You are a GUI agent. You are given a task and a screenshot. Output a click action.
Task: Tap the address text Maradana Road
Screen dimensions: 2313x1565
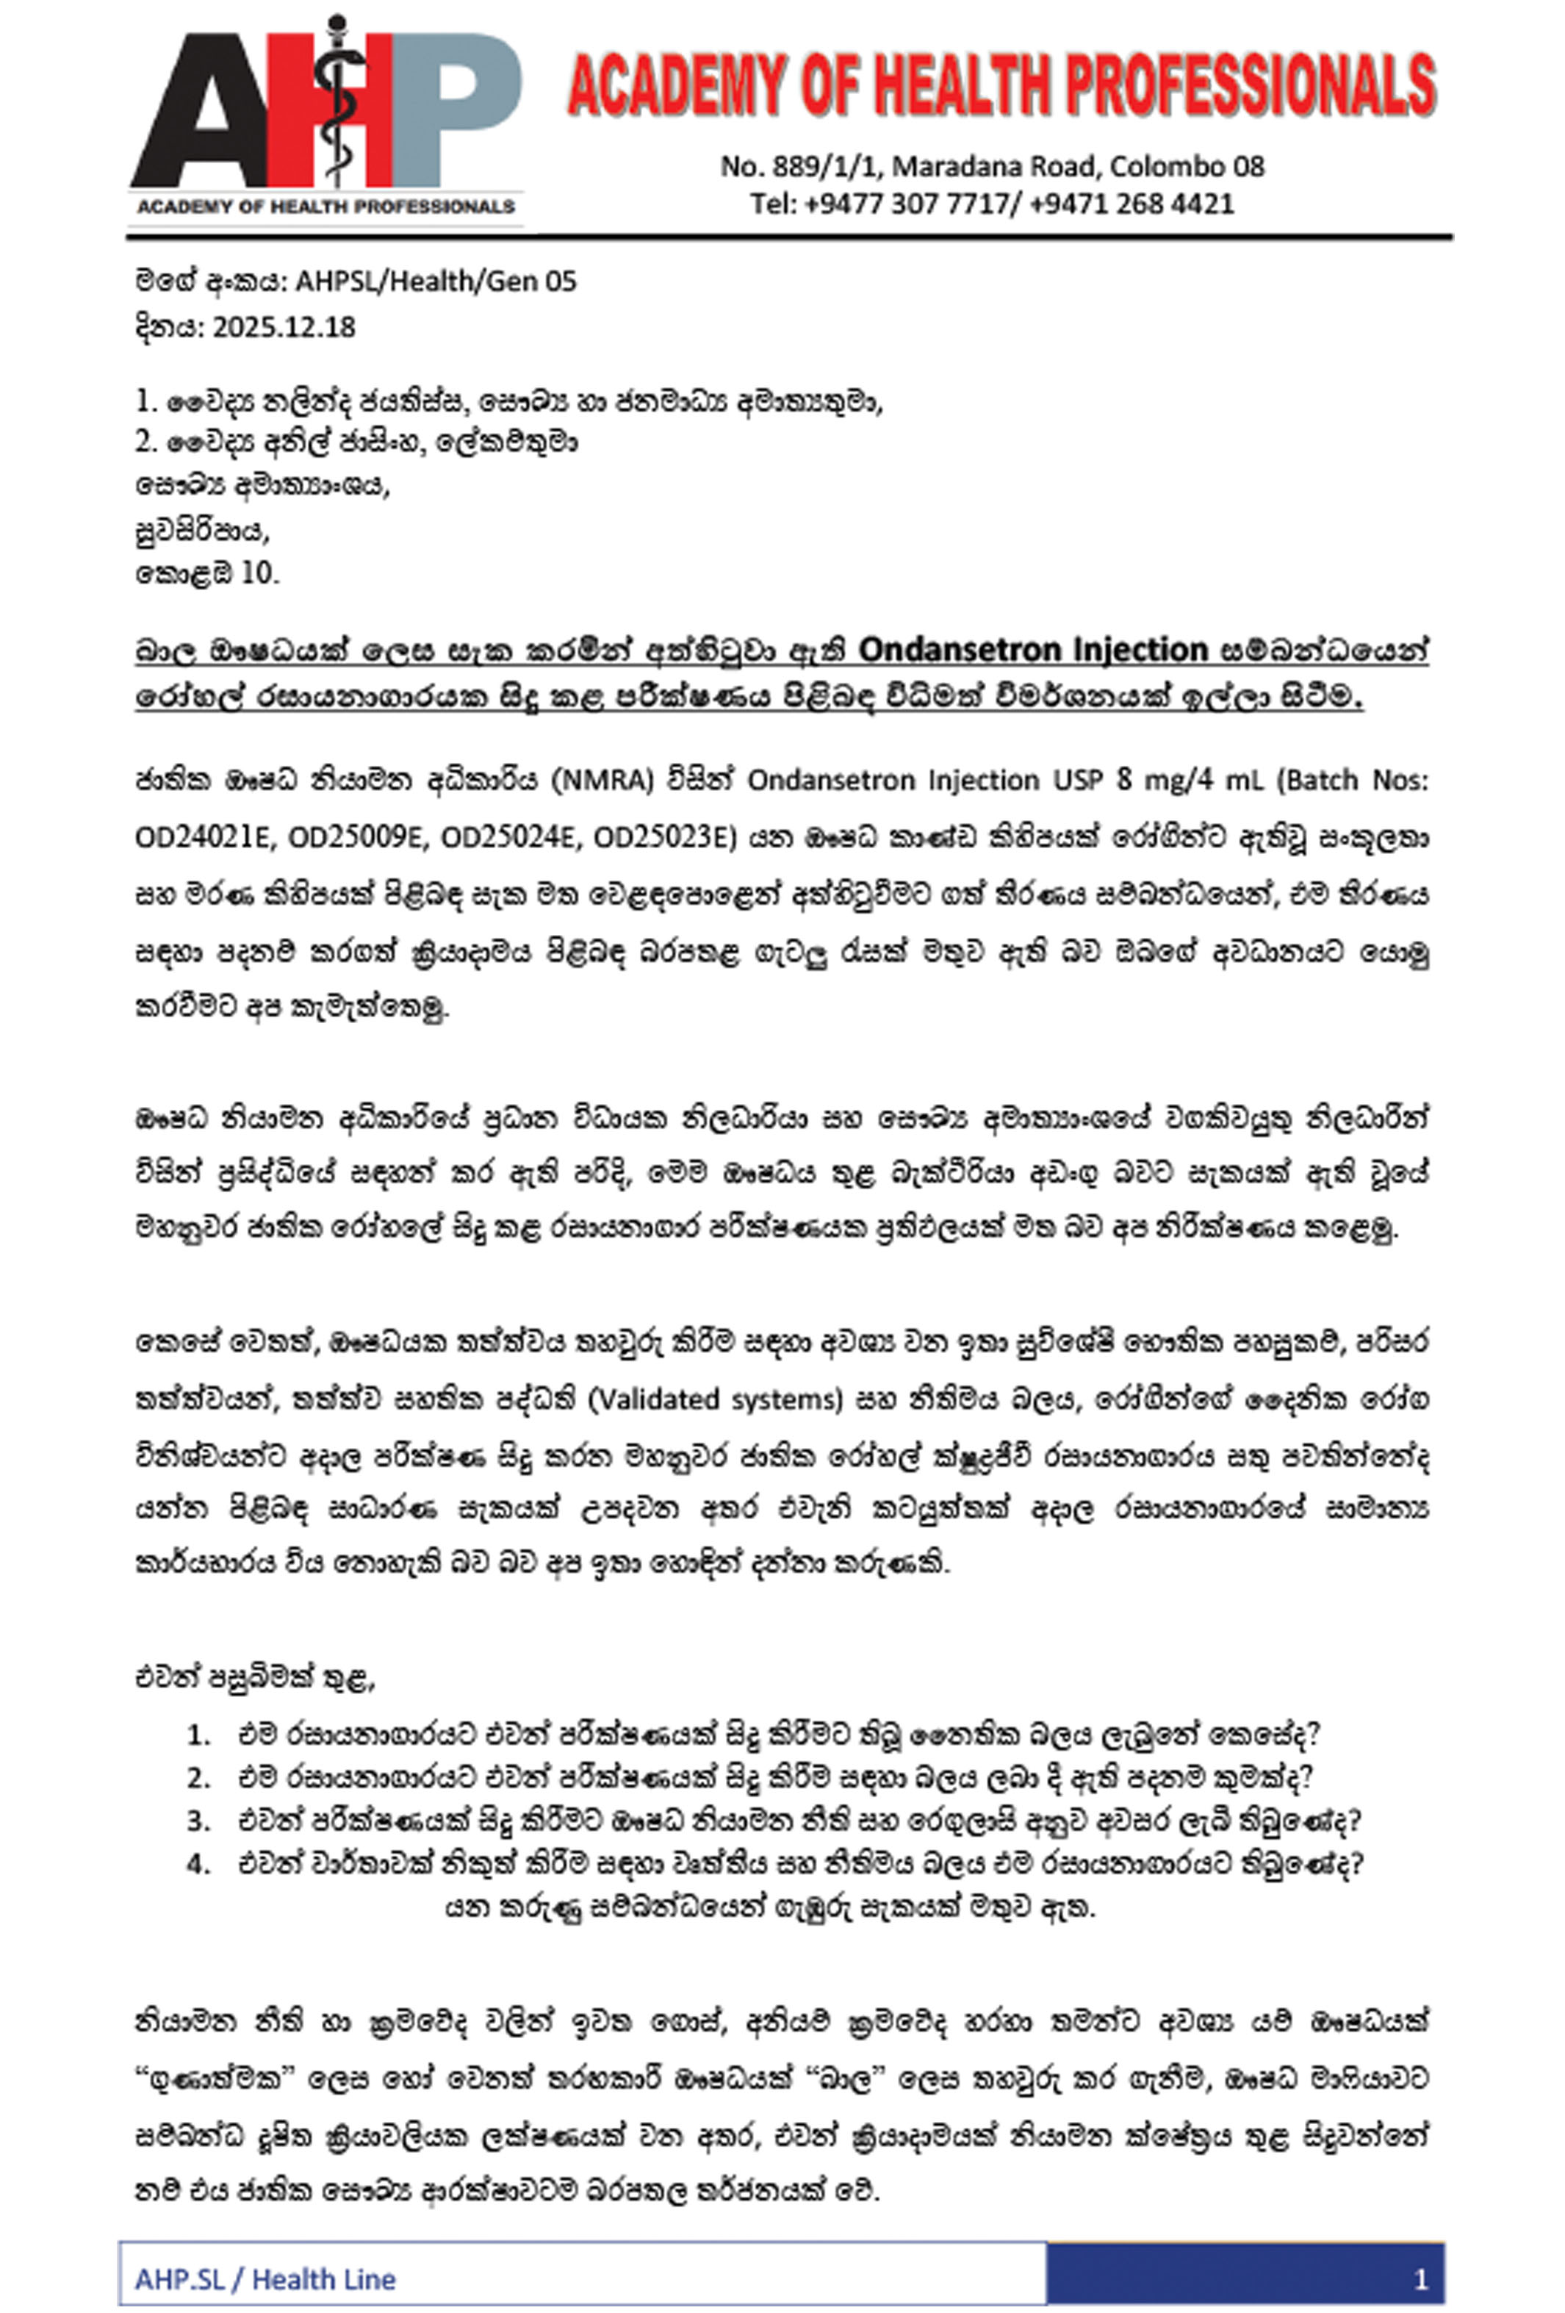995,166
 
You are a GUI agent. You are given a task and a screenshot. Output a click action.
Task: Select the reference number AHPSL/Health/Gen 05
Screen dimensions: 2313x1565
436,281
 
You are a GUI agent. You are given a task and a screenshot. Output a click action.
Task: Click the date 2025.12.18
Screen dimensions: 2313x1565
284,328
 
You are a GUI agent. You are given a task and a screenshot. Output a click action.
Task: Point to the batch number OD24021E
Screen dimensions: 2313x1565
203,838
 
